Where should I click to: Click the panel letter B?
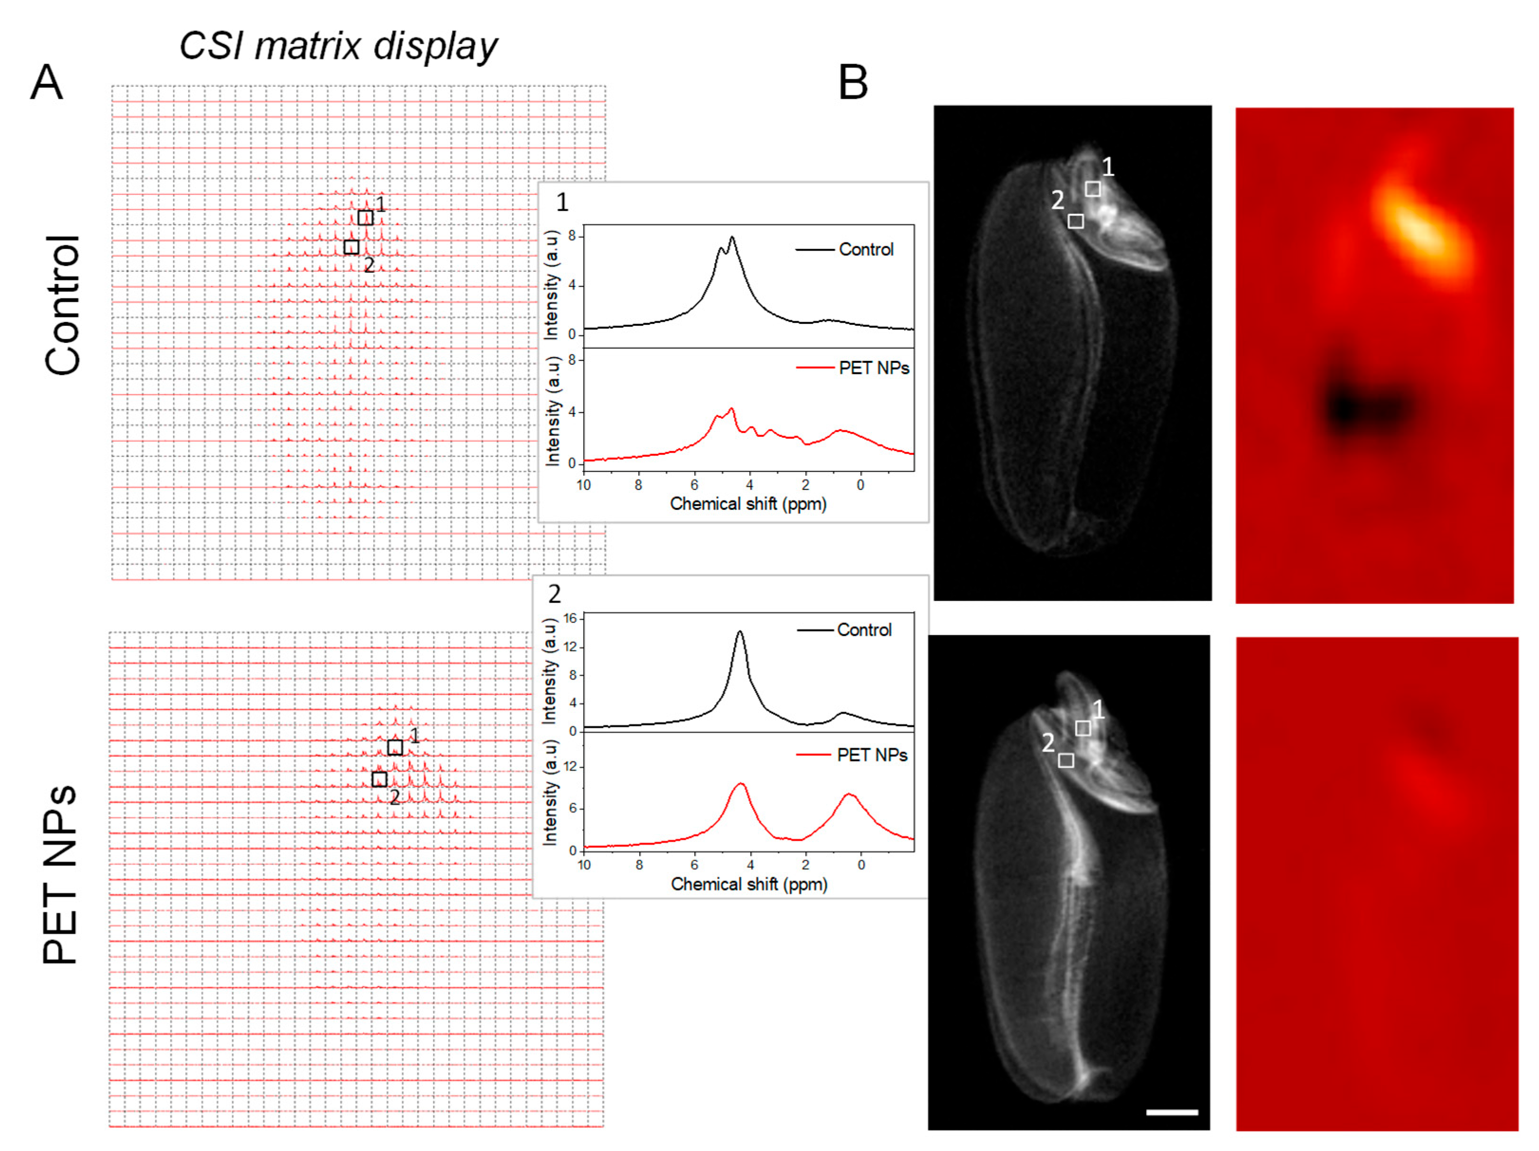click(x=853, y=83)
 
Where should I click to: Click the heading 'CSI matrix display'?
click(x=338, y=46)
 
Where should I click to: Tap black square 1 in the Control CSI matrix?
click(x=365, y=218)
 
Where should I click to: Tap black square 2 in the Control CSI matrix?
click(x=351, y=247)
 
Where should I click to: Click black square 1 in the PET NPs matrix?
click(x=394, y=747)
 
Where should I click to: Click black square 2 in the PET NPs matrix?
click(x=379, y=779)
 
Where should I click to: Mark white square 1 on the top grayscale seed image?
click(x=1093, y=188)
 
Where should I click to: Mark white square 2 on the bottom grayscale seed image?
click(x=1066, y=760)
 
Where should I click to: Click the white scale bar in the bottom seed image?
click(x=1172, y=1112)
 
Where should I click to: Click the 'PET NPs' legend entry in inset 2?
click(x=872, y=755)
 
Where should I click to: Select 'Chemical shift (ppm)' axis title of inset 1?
click(x=748, y=504)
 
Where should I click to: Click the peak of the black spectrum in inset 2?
click(x=739, y=632)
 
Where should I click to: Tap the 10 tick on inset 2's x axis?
click(x=584, y=865)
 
